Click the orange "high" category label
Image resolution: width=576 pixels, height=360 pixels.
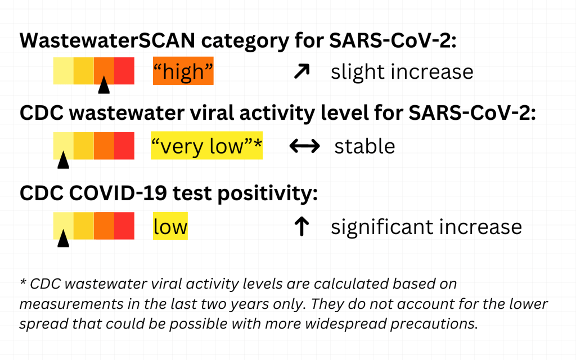(x=183, y=71)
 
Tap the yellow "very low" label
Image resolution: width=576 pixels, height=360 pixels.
(x=206, y=146)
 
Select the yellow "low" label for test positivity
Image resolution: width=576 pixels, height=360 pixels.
(x=170, y=226)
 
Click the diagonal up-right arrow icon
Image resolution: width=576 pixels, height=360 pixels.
(x=301, y=71)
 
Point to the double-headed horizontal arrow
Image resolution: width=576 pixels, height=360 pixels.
(x=304, y=146)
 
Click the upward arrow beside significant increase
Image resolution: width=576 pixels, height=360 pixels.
(x=301, y=226)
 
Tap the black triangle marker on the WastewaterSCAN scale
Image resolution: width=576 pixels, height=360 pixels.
(x=104, y=84)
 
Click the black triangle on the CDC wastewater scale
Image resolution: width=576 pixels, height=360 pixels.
(x=63, y=160)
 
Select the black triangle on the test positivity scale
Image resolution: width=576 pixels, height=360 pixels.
(x=63, y=238)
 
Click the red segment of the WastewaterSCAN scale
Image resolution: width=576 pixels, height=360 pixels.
(x=124, y=71)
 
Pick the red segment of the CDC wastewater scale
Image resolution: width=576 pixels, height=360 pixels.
(x=124, y=146)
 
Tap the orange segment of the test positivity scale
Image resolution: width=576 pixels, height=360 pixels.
(x=104, y=226)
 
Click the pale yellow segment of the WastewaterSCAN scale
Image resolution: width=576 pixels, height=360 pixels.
(x=63, y=71)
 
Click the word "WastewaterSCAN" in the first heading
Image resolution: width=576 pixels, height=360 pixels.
(x=107, y=40)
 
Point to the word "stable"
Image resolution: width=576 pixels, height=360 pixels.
(x=364, y=146)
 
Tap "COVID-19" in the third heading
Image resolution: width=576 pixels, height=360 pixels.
(x=118, y=193)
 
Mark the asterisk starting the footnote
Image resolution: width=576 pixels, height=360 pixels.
(x=23, y=282)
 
